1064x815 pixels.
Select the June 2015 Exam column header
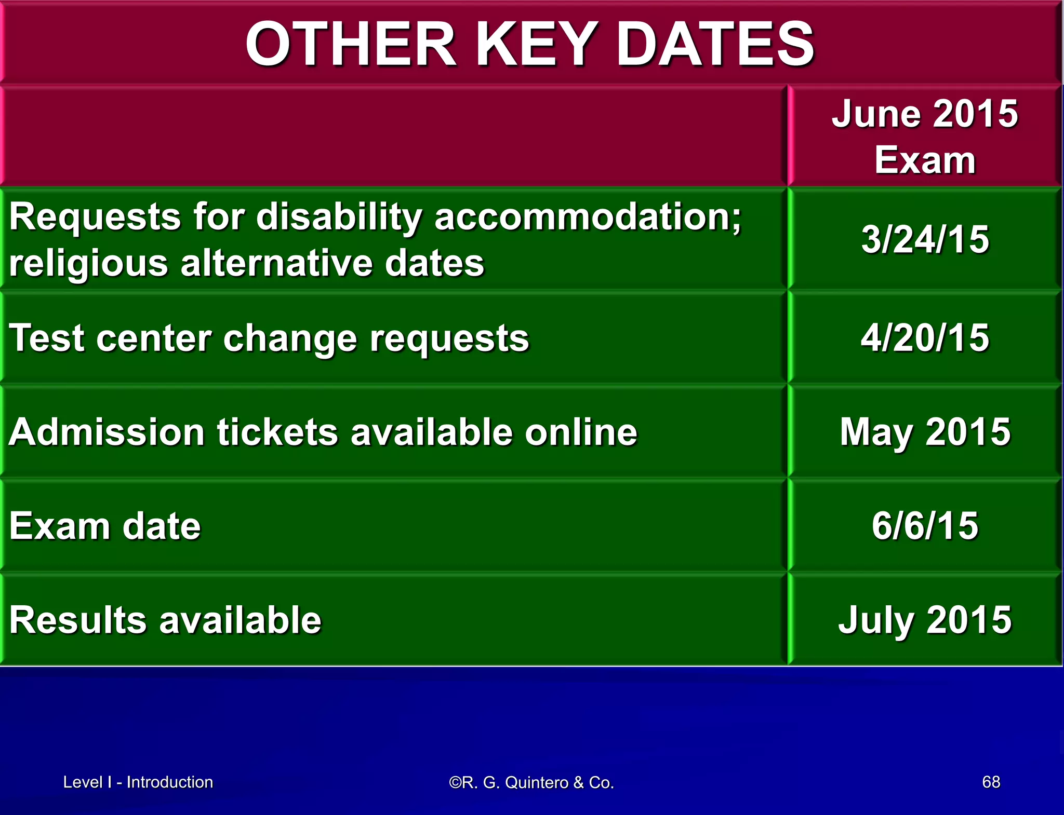click(925, 136)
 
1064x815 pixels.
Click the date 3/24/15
click(925, 239)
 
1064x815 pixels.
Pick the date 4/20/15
click(925, 337)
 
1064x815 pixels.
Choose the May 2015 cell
click(925, 432)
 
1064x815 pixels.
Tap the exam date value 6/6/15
click(925, 525)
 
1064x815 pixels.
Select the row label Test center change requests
click(269, 338)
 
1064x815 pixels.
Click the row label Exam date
click(104, 526)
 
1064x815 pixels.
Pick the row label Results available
click(165, 620)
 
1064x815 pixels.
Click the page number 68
click(991, 782)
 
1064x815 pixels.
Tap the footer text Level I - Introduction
click(138, 782)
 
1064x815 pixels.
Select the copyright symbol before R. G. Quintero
click(455, 782)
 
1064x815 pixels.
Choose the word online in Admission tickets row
click(580, 432)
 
